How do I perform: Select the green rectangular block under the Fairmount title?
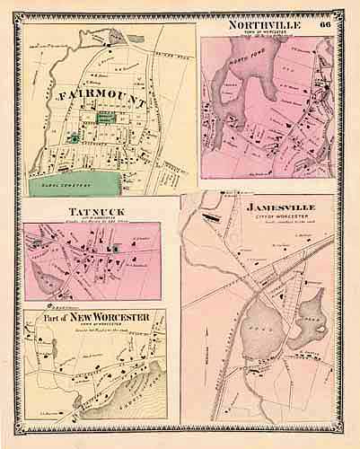(107, 118)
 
